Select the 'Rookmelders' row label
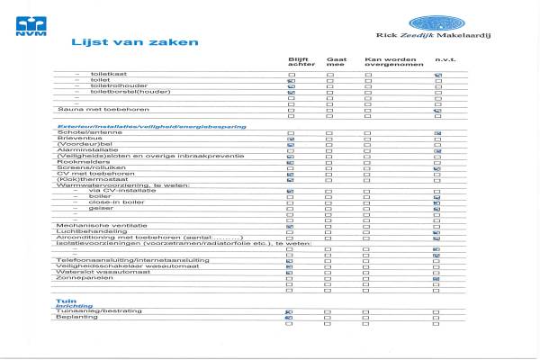coord(76,162)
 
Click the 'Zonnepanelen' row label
coord(76,278)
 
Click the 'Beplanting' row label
coord(74,317)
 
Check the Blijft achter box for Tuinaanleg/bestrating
coord(290,310)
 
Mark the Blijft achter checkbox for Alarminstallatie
coord(290,150)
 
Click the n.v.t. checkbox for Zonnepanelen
coord(436,278)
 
